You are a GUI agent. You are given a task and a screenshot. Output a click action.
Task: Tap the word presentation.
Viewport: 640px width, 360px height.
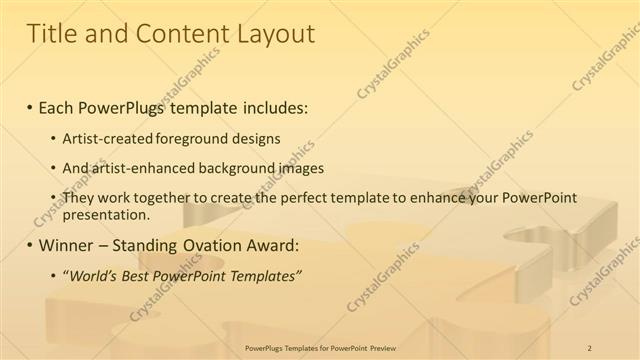tap(106, 214)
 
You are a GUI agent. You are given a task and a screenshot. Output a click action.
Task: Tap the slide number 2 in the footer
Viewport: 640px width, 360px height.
tap(589, 347)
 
